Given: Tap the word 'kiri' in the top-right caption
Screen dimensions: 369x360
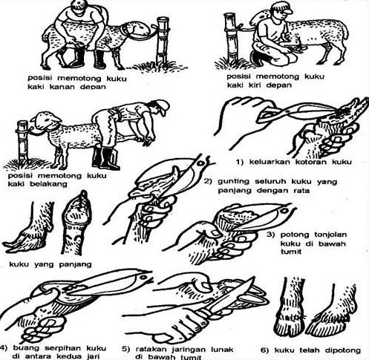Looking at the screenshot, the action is click(255, 85).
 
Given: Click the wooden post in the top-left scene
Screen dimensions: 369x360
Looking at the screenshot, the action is click(163, 41).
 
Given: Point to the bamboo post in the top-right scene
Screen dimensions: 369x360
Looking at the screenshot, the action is click(231, 38).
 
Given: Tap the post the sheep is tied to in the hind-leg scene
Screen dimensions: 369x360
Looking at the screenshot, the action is click(23, 142).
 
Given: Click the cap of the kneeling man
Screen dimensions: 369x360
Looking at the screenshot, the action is click(283, 7).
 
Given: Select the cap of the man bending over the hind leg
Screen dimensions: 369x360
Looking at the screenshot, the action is click(162, 106).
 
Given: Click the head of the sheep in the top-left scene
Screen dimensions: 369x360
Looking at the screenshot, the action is click(137, 30).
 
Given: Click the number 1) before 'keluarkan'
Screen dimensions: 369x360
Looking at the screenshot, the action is click(240, 163).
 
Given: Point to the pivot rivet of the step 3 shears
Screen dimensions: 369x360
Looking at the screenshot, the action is click(284, 211).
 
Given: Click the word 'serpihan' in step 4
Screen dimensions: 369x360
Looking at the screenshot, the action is click(63, 349).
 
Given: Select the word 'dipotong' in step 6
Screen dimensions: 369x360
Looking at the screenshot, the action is click(342, 350).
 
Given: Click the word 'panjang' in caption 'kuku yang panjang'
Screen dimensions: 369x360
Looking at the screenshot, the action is click(75, 265).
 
